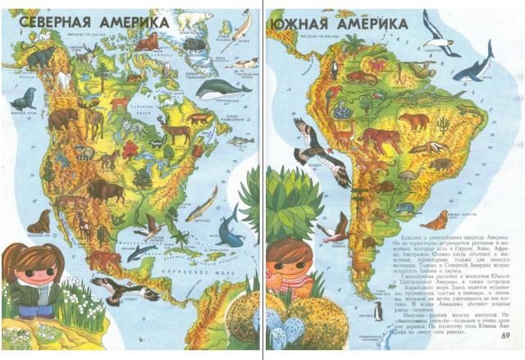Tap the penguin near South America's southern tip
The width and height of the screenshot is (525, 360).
pos(377,309)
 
